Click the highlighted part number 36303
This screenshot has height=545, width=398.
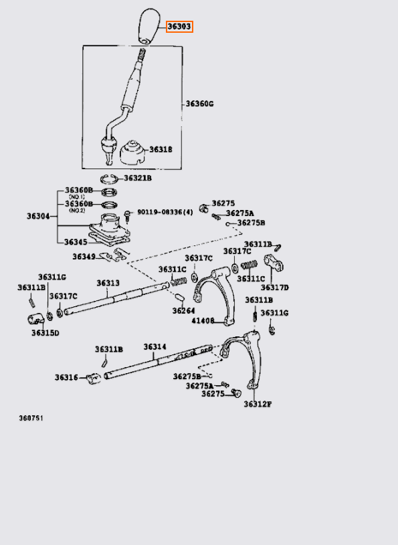tap(179, 27)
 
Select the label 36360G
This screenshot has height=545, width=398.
tap(199, 104)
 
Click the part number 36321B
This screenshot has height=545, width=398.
tap(138, 179)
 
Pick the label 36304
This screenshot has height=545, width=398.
tap(39, 216)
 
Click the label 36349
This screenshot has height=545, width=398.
tap(84, 256)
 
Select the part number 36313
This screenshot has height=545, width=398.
tap(107, 283)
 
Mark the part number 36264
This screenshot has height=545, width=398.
tap(183, 310)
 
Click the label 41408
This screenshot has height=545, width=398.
tap(203, 321)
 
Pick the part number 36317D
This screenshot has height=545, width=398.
tap(274, 288)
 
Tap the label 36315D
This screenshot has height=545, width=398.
tap(45, 332)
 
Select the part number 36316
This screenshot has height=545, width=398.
tap(67, 377)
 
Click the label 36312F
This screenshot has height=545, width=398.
tap(257, 404)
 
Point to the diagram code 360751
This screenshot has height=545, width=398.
tap(31, 419)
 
